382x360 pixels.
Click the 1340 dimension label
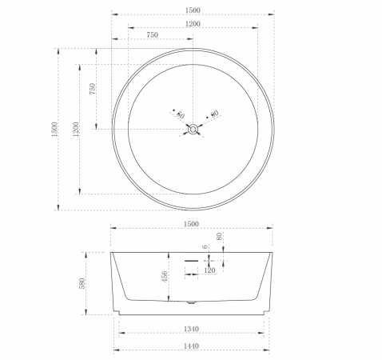tap(191, 329)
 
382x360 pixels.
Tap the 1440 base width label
tap(191, 346)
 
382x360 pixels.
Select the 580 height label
tap(82, 283)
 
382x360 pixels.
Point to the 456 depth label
tap(165, 277)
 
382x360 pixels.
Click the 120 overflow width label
tap(209, 270)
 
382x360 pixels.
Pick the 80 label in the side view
tap(219, 236)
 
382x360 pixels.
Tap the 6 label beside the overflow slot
tap(205, 246)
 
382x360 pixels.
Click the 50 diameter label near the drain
tap(181, 115)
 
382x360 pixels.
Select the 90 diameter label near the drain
tap(214, 114)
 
